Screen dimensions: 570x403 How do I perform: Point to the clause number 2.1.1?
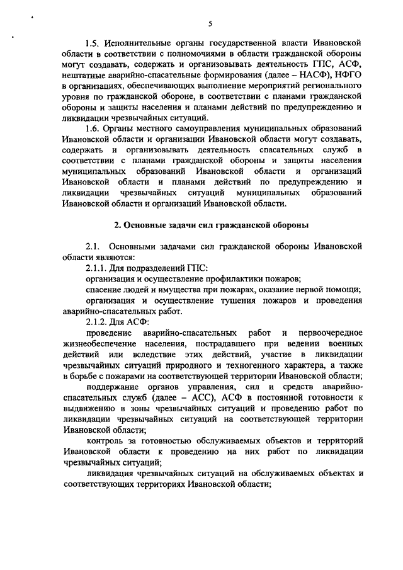pyautogui.click(x=99, y=268)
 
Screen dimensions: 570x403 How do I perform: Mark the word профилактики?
pyautogui.click(x=244, y=278)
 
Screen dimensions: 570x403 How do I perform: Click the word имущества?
pyautogui.click(x=178, y=289)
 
